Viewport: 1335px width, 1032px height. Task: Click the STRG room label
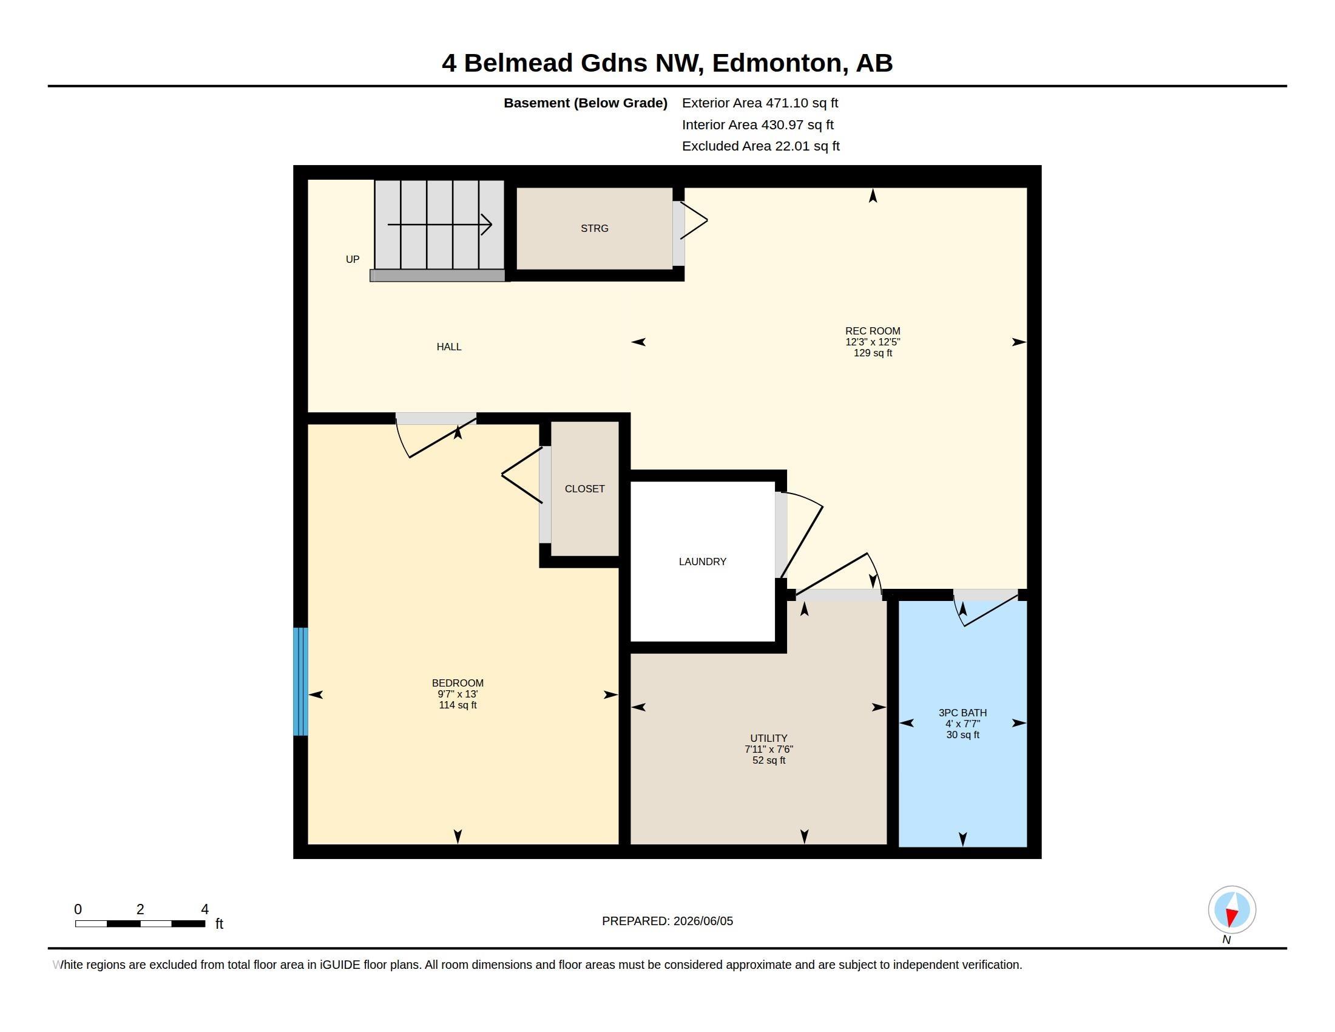point(594,229)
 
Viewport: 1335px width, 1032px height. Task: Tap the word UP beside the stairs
point(353,259)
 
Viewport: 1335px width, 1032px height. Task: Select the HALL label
point(448,347)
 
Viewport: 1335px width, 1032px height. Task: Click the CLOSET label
point(584,489)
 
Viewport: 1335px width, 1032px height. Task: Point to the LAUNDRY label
point(702,562)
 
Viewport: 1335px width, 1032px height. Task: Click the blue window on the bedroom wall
point(300,681)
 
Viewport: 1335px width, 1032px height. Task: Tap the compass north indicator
point(1232,910)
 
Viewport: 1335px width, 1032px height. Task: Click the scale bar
point(140,924)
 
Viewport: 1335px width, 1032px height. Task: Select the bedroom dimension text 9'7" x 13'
point(457,694)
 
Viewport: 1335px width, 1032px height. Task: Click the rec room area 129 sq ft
point(873,353)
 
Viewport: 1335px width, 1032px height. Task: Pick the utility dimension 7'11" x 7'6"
point(768,749)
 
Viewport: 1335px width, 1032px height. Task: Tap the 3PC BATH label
point(963,712)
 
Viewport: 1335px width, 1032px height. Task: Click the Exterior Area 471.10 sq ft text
point(760,103)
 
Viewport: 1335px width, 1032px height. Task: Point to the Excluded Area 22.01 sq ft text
point(760,146)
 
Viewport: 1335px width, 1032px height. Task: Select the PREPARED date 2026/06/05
point(703,921)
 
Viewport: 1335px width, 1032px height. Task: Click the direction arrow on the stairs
point(439,225)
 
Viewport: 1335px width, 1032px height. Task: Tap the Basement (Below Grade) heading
point(585,103)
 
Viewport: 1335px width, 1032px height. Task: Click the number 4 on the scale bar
point(204,909)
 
